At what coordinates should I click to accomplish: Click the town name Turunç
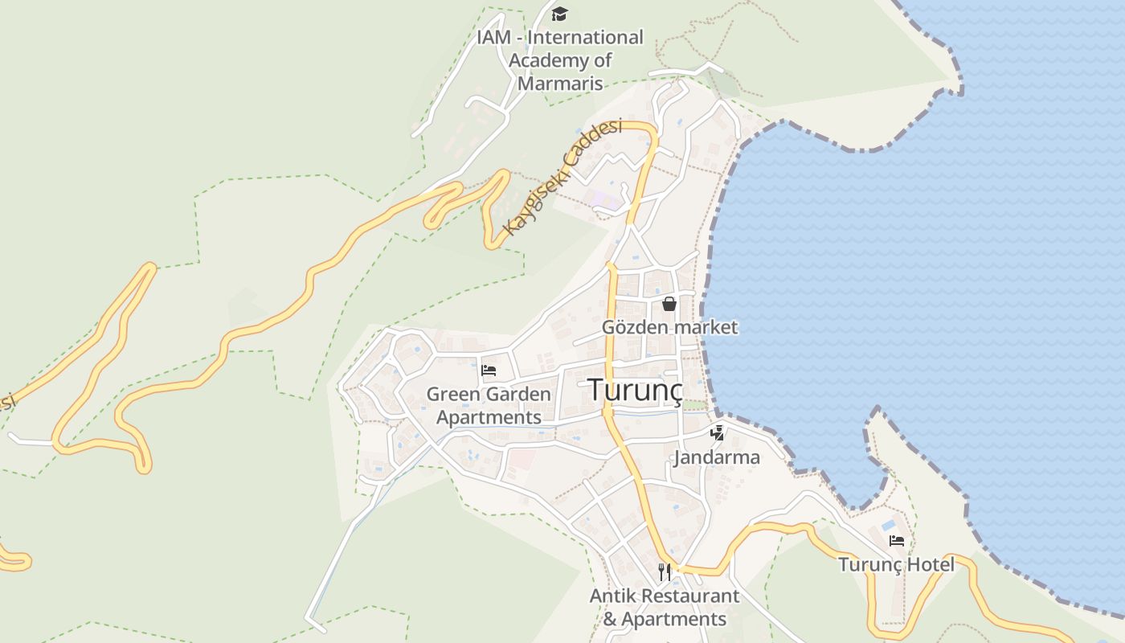(635, 390)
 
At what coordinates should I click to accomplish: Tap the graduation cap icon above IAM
(559, 14)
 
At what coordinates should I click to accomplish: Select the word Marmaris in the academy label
(560, 83)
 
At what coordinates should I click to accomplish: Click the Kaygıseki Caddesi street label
(562, 178)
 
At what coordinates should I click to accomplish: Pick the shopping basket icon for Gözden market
(669, 304)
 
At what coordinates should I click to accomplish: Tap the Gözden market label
(669, 327)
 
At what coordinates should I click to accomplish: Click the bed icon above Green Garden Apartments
(489, 371)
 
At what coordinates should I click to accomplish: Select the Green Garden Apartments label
(489, 406)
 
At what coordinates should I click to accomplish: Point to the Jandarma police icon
(718, 433)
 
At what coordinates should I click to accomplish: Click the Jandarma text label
(717, 457)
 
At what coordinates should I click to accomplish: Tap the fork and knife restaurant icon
(665, 571)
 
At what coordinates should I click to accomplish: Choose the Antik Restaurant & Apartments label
(665, 608)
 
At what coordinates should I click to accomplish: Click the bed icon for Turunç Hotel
(897, 541)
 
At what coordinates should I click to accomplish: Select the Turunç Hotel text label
(897, 564)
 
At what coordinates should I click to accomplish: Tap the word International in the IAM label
(585, 37)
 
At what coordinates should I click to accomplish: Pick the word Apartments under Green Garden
(489, 418)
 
